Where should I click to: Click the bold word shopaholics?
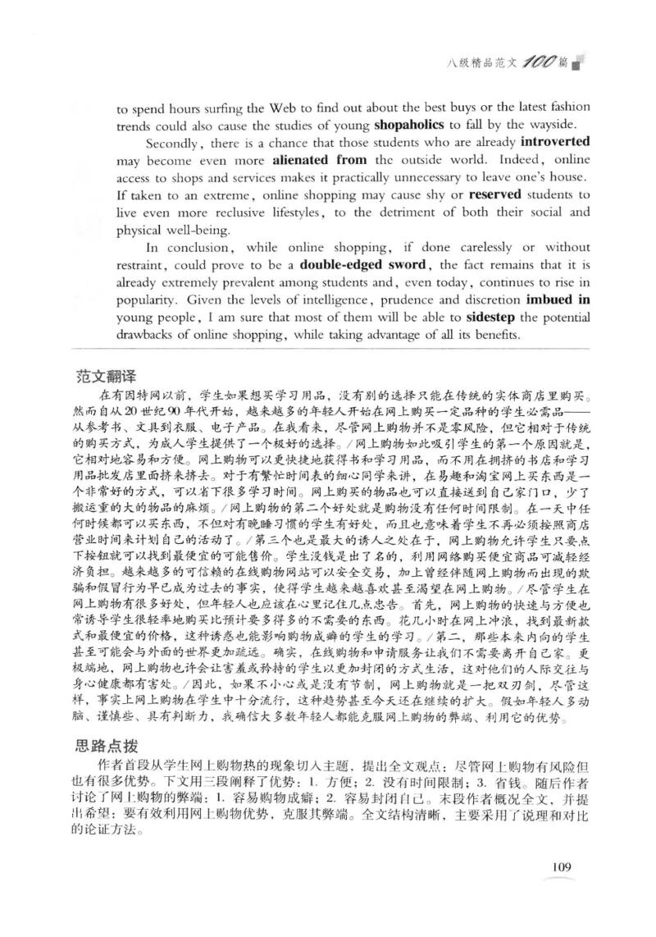coord(409,126)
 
